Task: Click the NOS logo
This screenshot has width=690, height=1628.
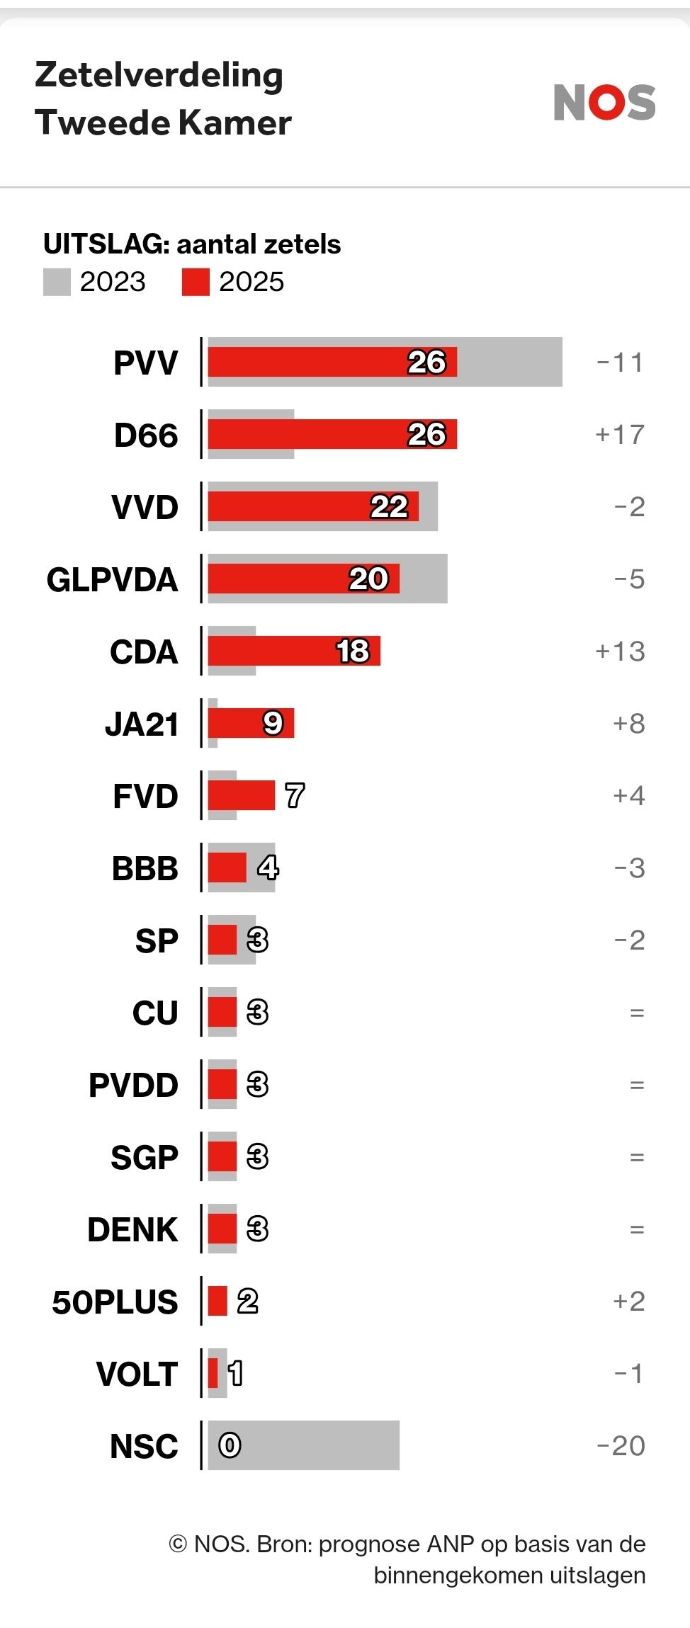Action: [604, 103]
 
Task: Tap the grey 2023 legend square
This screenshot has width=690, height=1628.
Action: [57, 282]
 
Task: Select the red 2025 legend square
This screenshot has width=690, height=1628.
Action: [196, 282]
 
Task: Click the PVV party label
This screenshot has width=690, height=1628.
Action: [145, 363]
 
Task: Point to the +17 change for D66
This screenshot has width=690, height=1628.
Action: [620, 435]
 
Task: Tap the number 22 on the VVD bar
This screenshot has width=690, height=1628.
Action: [389, 507]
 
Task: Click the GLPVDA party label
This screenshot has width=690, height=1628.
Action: [112, 579]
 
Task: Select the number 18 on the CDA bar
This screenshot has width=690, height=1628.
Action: [353, 651]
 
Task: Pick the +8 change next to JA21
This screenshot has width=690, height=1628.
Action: [628, 724]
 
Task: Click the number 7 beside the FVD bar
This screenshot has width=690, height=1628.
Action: [295, 796]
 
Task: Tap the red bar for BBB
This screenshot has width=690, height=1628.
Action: [227, 868]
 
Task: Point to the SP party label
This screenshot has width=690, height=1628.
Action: [157, 940]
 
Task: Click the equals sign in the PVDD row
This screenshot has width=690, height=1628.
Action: [637, 1085]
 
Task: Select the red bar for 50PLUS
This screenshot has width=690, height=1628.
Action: [217, 1302]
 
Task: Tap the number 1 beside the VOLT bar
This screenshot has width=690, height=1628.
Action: [235, 1374]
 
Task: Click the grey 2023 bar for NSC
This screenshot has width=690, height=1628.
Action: [319, 1445]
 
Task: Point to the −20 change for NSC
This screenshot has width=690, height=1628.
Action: [621, 1446]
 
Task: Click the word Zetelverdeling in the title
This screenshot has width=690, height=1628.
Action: [159, 75]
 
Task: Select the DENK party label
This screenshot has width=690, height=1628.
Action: [132, 1229]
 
